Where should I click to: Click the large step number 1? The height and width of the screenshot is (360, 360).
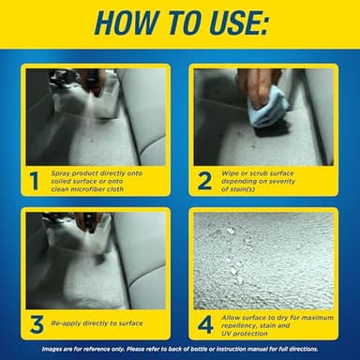click(x=35, y=180)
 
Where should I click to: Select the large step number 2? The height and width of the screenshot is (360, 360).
click(x=203, y=180)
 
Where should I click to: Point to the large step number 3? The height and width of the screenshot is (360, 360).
click(x=35, y=323)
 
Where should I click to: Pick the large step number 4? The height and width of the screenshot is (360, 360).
click(x=203, y=323)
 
